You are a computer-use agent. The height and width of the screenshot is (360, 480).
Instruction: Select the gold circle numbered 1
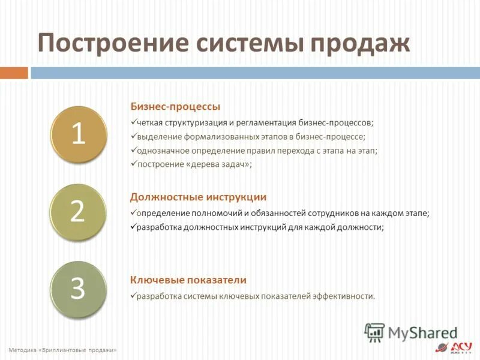tap(78, 134)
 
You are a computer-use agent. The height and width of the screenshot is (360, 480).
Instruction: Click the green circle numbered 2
tap(78, 211)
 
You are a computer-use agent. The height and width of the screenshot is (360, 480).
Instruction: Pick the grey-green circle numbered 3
tap(78, 289)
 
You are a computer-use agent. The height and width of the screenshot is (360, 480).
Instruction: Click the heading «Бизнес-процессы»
tap(175, 107)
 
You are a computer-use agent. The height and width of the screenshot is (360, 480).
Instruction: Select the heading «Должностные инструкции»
tap(198, 197)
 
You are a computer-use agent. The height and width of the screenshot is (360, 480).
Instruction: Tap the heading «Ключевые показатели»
tap(188, 280)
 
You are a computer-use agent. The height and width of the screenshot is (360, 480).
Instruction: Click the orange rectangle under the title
tap(14, 73)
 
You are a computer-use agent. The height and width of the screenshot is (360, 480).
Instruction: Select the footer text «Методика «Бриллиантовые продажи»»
tap(62, 350)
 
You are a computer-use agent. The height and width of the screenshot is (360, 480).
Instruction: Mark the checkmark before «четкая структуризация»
tap(133, 122)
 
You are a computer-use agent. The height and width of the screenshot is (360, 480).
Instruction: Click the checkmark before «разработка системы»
tap(133, 296)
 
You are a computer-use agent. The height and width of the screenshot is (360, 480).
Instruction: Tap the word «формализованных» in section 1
tap(206, 137)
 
